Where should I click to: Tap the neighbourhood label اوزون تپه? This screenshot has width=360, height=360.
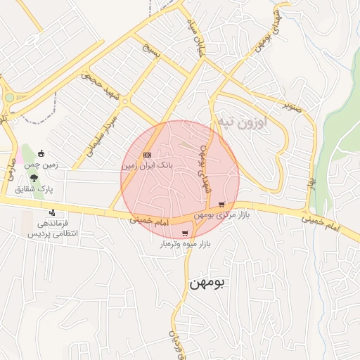pos(240,123)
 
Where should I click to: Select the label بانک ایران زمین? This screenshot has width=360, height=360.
pos(147,166)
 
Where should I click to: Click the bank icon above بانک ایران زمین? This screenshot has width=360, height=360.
pos(147,155)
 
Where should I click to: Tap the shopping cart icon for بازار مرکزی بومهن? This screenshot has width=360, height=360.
pos(222,204)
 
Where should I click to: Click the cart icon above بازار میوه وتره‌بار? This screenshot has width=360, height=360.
pos(185,233)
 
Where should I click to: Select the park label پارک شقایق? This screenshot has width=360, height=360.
pos(34,188)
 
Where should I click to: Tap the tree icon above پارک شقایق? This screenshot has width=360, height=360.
pos(34,178)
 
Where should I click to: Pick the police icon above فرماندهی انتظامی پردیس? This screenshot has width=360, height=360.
pos(52,212)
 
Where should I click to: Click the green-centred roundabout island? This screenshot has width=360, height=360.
pos(9,98)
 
